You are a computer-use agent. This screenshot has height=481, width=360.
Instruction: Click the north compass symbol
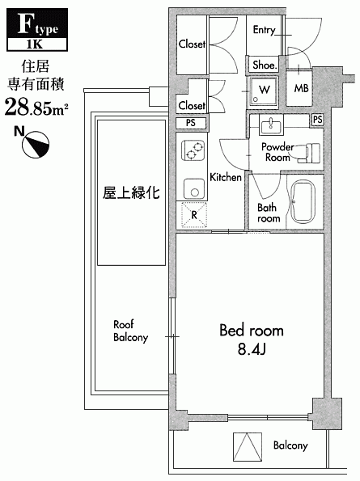tap(36, 145)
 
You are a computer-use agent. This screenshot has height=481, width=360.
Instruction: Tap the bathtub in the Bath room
tap(303, 201)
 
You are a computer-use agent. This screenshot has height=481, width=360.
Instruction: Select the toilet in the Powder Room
tap(309, 153)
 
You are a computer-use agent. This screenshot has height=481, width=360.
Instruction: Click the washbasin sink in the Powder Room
tap(271, 124)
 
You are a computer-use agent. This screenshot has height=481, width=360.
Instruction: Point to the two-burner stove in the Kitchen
tap(193, 150)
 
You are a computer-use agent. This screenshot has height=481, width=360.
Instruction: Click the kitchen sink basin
tap(194, 189)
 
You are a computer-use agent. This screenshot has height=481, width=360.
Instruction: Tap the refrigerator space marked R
tap(193, 215)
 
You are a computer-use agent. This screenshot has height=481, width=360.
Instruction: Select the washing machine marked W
tap(264, 91)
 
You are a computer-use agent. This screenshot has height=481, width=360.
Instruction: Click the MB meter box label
tap(301, 88)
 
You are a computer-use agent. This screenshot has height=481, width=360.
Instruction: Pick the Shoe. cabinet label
tap(265, 65)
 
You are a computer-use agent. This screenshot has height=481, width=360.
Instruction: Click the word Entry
tap(264, 30)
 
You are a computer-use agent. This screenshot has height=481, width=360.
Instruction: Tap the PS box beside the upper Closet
tap(191, 123)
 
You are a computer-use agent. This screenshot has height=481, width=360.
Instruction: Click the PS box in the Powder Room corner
tap(318, 119)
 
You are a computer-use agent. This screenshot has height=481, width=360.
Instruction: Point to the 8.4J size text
tap(252, 348)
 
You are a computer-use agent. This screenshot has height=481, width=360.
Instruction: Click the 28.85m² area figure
tap(36, 107)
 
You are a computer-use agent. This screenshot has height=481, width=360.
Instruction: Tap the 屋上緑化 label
tap(131, 193)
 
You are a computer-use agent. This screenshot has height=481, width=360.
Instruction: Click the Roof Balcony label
tap(131, 331)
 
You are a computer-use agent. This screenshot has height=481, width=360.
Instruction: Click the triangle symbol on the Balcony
tap(248, 446)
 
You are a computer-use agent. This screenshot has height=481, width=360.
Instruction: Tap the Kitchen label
tap(226, 177)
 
